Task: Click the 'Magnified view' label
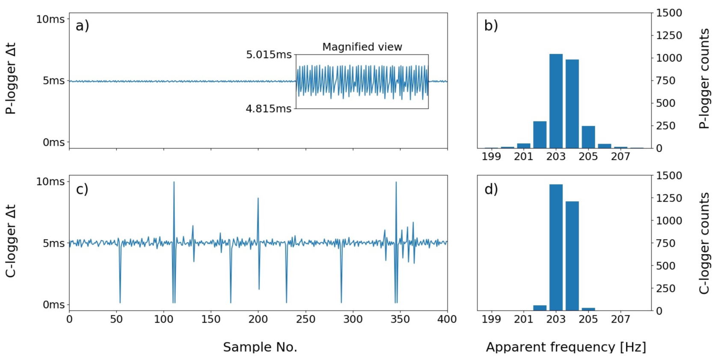[362, 47]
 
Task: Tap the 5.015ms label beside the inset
[269, 55]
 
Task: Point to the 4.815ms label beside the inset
[268, 109]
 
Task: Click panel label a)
[82, 26]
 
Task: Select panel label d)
[491, 189]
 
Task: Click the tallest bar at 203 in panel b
[556, 101]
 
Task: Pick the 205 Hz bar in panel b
[588, 137]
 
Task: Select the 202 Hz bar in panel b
[540, 134]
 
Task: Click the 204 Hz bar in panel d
[572, 256]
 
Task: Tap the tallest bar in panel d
[556, 247]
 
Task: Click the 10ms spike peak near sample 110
[174, 183]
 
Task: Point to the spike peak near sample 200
[258, 199]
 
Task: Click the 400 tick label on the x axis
[447, 319]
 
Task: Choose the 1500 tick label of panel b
[669, 13]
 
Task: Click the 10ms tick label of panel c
[50, 181]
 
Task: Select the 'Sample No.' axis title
[260, 347]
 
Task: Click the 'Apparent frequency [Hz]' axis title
[566, 347]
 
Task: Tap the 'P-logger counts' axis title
[704, 78]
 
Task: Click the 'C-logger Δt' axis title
[11, 241]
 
